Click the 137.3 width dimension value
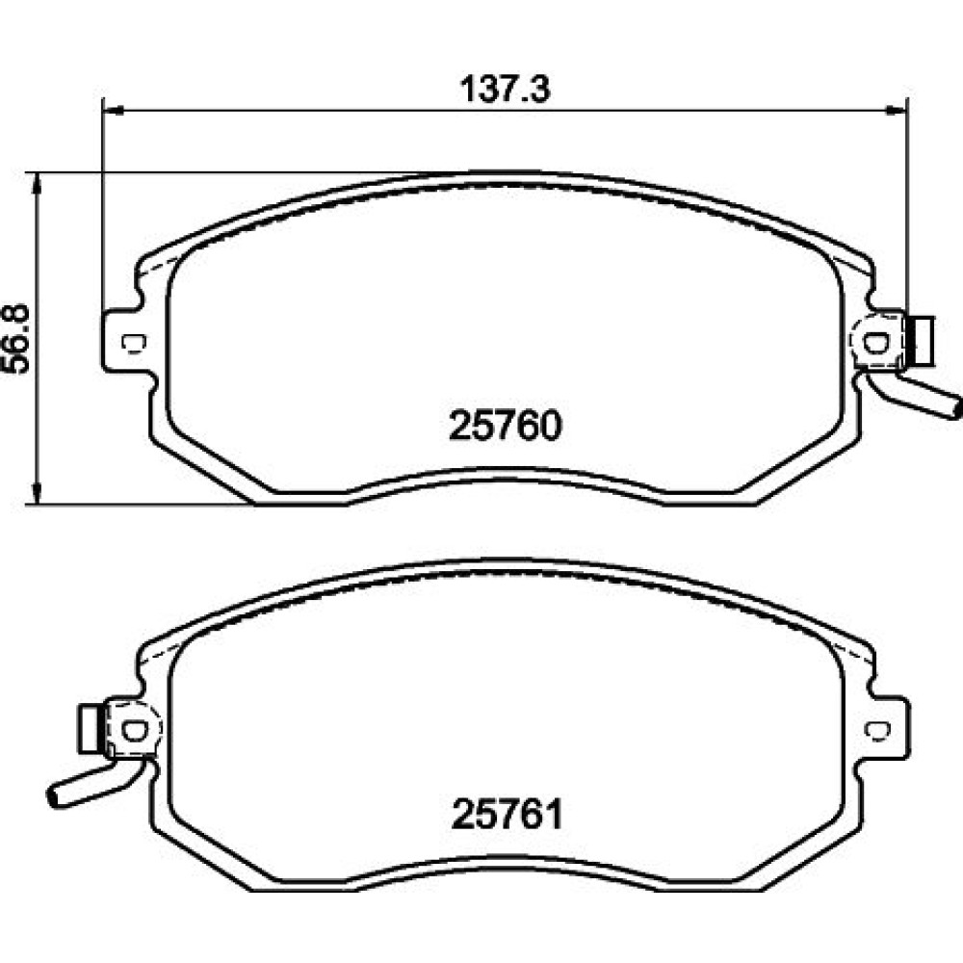[x=506, y=89]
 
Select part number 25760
[x=506, y=426]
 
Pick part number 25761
[x=508, y=815]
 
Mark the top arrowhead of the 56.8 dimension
[x=39, y=183]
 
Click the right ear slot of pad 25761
[x=876, y=730]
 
